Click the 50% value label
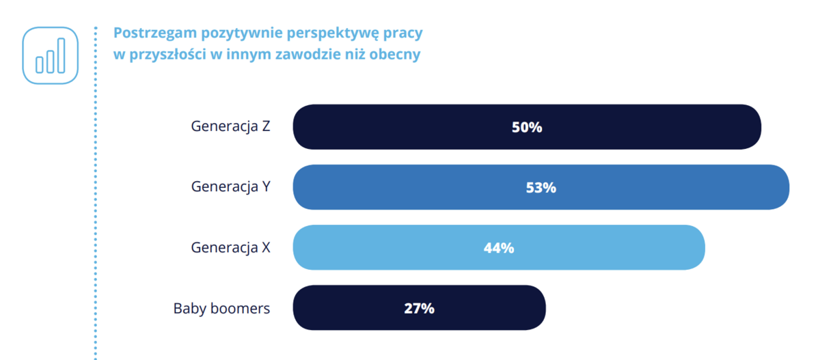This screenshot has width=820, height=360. coord(527,127)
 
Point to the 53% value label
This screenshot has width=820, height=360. coord(541,187)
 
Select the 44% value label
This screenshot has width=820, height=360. coord(499,247)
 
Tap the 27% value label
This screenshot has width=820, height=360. coord(419,307)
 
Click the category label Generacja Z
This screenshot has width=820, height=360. coord(230,127)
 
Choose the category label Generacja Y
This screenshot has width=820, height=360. coord(230,187)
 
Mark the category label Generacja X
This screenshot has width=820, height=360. coord(230,247)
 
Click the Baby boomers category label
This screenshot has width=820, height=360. coord(221,308)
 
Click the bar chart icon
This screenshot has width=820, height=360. coord(51,55)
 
